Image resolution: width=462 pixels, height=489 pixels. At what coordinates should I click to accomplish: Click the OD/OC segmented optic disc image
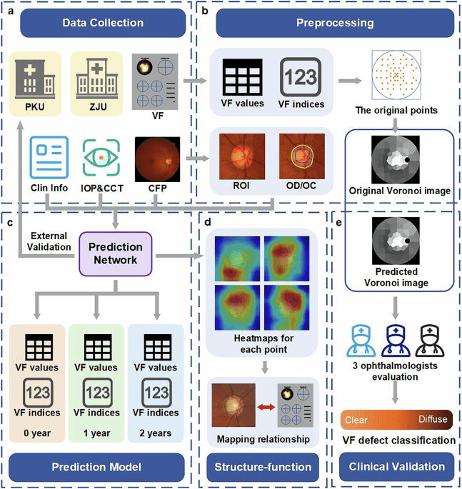pos(296,158)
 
